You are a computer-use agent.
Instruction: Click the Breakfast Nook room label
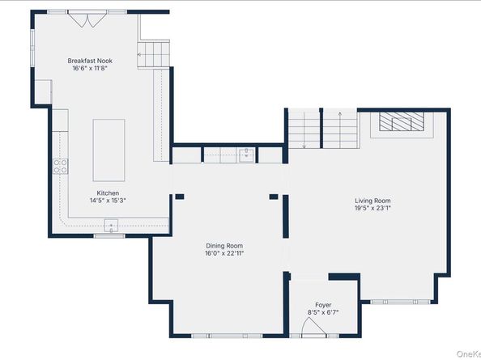(90, 61)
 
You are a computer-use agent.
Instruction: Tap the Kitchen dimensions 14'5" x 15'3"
(108, 201)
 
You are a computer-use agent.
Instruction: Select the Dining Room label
(224, 246)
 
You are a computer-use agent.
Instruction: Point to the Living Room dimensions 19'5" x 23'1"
(372, 209)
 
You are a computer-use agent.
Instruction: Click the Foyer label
(323, 305)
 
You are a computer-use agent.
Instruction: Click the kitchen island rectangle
(109, 150)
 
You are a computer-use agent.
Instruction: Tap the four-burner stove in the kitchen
(60, 167)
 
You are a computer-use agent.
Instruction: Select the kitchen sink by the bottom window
(111, 226)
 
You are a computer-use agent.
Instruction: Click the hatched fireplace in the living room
(402, 121)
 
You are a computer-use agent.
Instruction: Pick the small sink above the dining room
(246, 155)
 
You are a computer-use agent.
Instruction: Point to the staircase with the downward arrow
(304, 129)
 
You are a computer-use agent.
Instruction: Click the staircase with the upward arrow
(340, 129)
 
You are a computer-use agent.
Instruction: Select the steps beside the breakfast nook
(153, 54)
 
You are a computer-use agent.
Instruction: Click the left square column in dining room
(180, 197)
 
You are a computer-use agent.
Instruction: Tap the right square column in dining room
(274, 197)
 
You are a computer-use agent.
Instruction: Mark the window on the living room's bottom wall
(400, 302)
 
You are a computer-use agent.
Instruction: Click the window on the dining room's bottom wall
(227, 336)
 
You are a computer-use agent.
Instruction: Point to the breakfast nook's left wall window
(32, 48)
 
